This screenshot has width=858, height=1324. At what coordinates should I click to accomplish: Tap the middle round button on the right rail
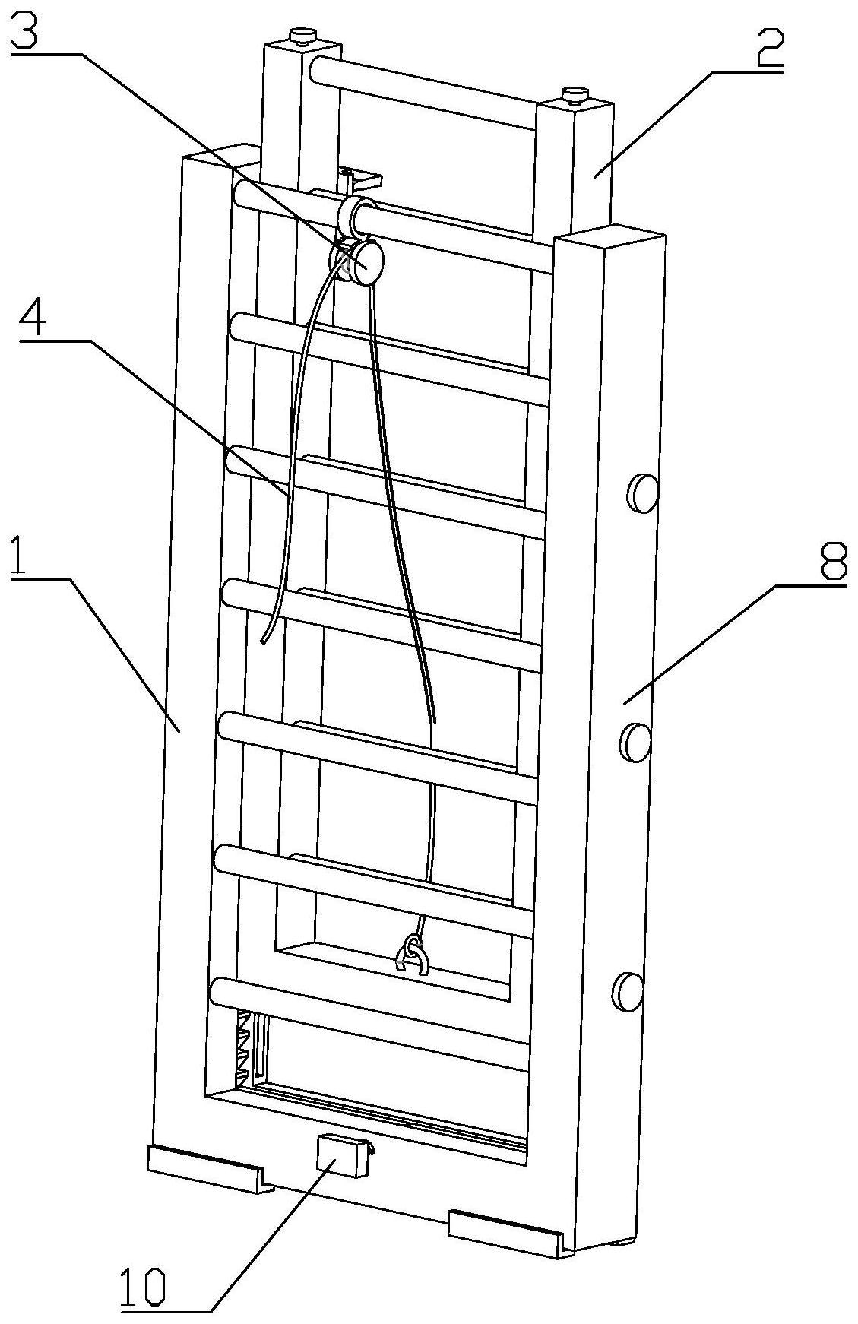pyautogui.click(x=636, y=742)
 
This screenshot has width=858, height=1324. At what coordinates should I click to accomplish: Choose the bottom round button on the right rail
pyautogui.click(x=630, y=990)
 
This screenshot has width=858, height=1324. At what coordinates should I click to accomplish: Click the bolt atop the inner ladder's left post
pyautogui.click(x=302, y=36)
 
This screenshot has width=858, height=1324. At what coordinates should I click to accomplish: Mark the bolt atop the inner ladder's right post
pyautogui.click(x=575, y=94)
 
